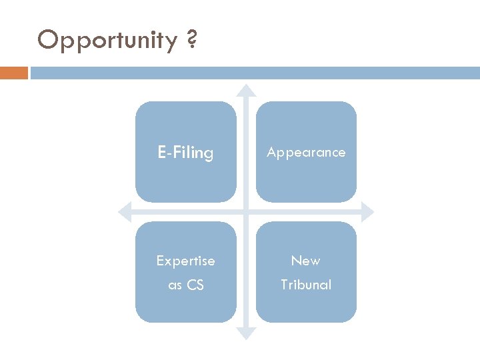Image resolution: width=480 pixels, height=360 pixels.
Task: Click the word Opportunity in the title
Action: pos(107,41)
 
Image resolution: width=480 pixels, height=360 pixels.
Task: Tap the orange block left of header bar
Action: pos(14,73)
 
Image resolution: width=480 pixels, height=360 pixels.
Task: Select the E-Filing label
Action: pos(185,153)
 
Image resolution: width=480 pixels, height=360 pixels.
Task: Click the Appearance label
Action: pos(306,152)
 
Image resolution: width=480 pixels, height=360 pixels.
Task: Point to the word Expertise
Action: pos(185,261)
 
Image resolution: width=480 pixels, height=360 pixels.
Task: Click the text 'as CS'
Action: pos(185,285)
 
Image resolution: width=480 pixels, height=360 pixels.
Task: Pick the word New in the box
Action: pos(306,261)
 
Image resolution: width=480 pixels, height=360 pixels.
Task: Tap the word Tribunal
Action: pos(306,285)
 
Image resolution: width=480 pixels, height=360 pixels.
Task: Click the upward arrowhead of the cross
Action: pos(246,89)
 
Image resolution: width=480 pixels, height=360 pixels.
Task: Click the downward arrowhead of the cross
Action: pos(246,333)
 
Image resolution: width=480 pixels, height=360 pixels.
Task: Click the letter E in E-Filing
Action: pos(161,153)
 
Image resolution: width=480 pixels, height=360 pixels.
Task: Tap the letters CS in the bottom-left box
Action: pos(195,285)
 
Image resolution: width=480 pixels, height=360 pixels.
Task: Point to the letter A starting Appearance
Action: pos(271,152)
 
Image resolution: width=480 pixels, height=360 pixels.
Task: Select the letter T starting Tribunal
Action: pos(284,285)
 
